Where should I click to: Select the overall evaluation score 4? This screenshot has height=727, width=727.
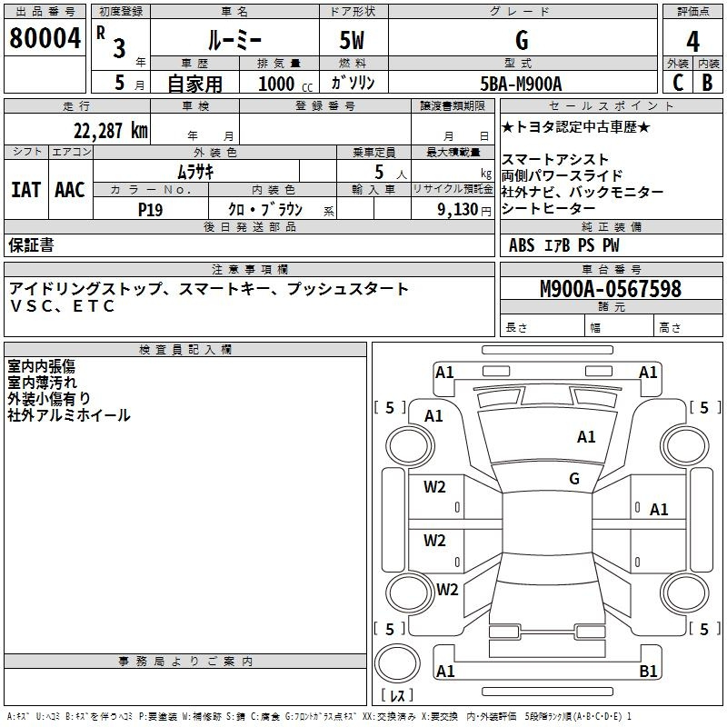(x=693, y=41)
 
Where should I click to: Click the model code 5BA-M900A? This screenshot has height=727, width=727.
(x=521, y=84)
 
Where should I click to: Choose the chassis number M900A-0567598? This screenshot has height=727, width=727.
(x=610, y=289)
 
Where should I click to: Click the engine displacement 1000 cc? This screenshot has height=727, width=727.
(x=282, y=84)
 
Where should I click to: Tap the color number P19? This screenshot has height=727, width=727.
(x=150, y=208)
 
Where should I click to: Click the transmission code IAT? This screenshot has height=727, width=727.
(x=25, y=190)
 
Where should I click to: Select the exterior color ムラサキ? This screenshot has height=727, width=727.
(x=194, y=171)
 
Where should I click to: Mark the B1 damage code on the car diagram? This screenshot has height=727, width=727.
(x=648, y=671)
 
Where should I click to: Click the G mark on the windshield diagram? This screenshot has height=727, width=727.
(x=574, y=478)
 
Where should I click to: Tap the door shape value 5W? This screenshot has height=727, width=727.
(x=352, y=41)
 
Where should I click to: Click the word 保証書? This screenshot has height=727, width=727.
(x=31, y=244)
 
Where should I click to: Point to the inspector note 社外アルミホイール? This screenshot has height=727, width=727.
(x=69, y=415)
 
